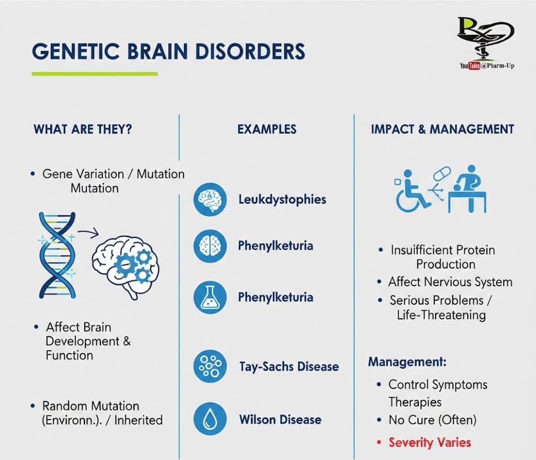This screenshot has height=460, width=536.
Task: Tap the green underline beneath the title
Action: pyautogui.click(x=94, y=74)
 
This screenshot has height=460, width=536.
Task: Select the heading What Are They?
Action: pyautogui.click(x=83, y=129)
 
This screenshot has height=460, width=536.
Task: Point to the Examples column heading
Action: pyautogui.click(x=266, y=129)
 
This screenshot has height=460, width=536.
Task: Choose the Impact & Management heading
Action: pyautogui.click(x=442, y=129)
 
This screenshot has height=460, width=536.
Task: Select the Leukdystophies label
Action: pyautogui.click(x=282, y=200)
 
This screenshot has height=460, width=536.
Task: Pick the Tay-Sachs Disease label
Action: pyautogui.click(x=288, y=366)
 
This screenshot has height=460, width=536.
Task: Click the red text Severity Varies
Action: pyautogui.click(x=429, y=442)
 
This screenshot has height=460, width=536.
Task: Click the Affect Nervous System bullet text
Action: pyautogui.click(x=450, y=282)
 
